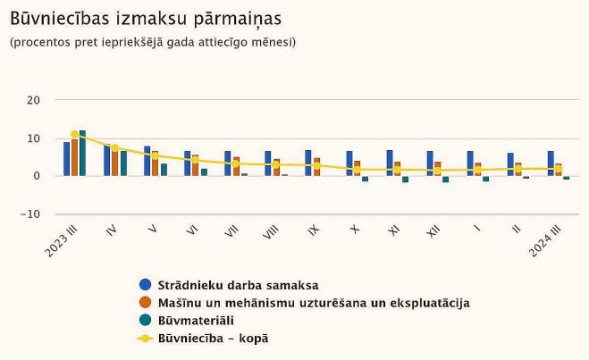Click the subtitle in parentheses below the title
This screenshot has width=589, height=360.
click(x=152, y=42)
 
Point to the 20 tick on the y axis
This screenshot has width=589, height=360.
click(x=33, y=100)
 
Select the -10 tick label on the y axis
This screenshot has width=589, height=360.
click(x=30, y=214)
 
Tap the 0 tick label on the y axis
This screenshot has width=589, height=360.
click(x=36, y=176)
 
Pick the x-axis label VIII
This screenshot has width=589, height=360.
click(x=271, y=231)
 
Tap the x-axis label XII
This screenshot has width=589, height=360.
click(x=433, y=231)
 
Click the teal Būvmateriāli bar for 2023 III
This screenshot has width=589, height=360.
click(x=82, y=154)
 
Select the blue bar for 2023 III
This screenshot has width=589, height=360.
click(x=66, y=159)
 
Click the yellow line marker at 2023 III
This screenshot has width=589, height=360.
click(x=74, y=135)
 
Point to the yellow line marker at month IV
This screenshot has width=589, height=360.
click(x=114, y=148)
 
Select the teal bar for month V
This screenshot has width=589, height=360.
click(x=164, y=170)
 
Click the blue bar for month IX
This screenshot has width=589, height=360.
click(x=308, y=163)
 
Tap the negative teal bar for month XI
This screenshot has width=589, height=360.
click(x=405, y=179)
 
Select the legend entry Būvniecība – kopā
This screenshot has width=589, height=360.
click(x=213, y=338)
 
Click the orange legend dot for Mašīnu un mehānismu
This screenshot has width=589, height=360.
click(x=145, y=303)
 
